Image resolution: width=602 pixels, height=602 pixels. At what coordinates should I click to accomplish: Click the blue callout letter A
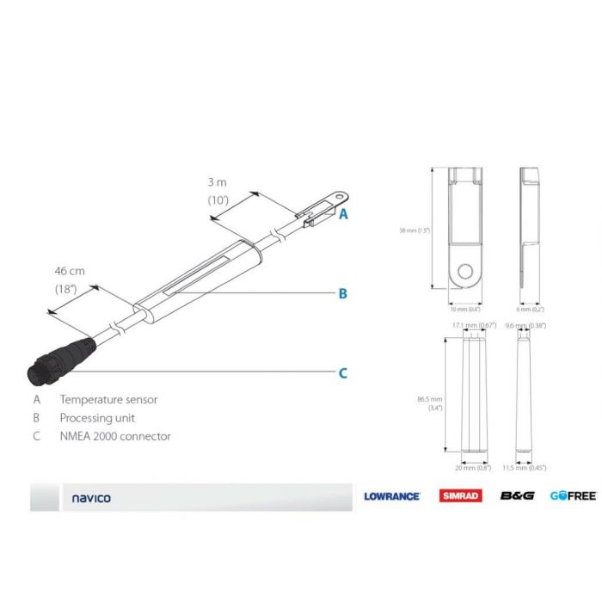tap(343, 214)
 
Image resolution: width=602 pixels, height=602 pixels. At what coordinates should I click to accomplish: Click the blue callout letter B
tap(342, 293)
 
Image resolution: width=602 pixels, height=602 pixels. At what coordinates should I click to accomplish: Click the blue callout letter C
tap(342, 372)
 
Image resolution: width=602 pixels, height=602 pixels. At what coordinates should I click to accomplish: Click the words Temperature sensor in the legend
tap(108, 399)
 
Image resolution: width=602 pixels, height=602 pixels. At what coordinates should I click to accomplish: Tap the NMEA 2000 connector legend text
tap(115, 436)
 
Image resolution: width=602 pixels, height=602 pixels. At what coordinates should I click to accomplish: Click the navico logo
tap(91, 498)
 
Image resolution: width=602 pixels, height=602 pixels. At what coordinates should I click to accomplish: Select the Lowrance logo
tap(391, 496)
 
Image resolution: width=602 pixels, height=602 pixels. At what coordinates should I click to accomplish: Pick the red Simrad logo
tap(461, 496)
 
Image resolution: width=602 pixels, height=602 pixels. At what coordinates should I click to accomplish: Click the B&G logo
tap(518, 496)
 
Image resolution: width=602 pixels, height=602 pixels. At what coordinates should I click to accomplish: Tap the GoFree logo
tap(573, 496)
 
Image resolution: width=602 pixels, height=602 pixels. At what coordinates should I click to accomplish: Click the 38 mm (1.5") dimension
tap(414, 230)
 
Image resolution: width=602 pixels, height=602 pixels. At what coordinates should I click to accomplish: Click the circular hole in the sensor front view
tap(464, 272)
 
